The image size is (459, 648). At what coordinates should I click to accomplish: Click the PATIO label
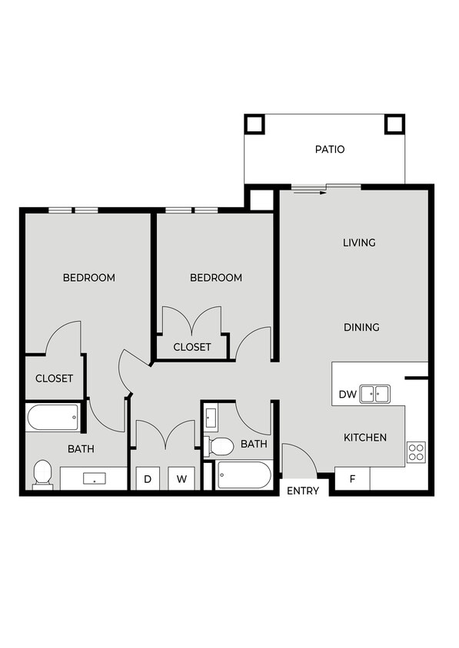329,149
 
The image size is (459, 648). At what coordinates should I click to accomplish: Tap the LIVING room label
359,243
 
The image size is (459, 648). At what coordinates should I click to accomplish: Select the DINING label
361,327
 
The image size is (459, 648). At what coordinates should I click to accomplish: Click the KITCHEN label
364,438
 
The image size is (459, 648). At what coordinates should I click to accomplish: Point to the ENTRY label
302,491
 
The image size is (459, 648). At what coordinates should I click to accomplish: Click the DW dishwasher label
347,395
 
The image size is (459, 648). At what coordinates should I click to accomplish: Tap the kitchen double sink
375,394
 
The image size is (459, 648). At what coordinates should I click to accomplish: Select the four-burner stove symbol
416,452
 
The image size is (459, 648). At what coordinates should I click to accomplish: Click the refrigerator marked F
352,479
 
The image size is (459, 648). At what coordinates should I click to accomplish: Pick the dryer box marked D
148,479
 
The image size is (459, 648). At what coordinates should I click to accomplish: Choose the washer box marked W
181,479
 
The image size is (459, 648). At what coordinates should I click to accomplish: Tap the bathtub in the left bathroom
53,418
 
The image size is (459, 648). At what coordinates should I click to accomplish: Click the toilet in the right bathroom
220,446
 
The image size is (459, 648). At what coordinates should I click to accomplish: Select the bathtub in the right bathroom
244,475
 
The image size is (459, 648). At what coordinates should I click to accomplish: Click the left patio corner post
254,124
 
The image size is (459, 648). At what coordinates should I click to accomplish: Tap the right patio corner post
394,124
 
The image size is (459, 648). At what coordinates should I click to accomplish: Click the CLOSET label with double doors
191,347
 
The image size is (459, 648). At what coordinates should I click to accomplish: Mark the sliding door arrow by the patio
306,191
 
